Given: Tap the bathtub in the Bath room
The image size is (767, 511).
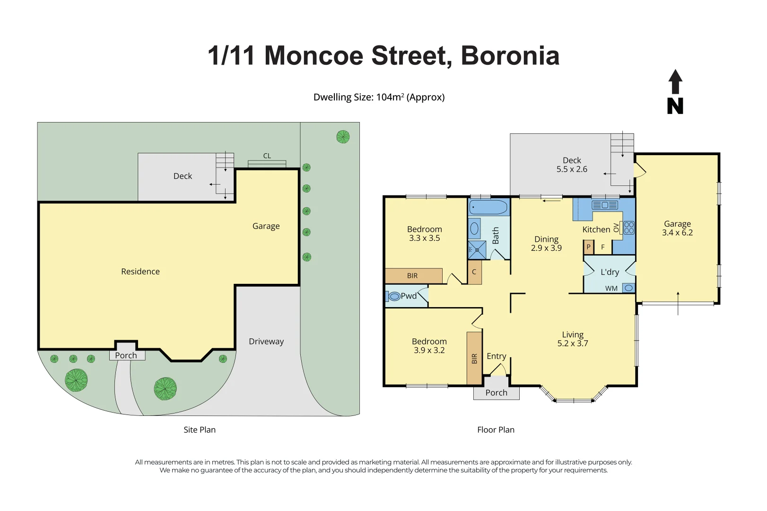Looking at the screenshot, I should tap(488, 207).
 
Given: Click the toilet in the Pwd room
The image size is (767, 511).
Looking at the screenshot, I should tap(394, 297).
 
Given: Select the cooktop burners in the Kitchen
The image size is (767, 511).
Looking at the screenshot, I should tap(629, 228).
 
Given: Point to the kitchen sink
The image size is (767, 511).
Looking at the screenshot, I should tap(605, 205).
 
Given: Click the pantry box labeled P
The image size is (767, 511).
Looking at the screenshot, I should tap(588, 247).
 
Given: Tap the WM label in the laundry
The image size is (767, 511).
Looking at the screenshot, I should tap(611, 288).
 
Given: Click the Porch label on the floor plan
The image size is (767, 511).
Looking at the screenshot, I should tap(496, 393).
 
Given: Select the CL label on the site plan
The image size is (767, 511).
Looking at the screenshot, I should tap(267, 156).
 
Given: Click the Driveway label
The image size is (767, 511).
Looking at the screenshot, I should tap(266, 342).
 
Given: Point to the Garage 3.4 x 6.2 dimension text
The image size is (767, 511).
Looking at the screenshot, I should tap(677, 233).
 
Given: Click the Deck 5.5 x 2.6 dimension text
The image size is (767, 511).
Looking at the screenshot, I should tap(572, 169).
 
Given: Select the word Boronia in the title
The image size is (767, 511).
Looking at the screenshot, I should tap(510, 56).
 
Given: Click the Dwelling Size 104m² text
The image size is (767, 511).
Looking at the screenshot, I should tap(379, 97).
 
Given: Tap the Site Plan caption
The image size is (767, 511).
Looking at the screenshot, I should tap(200, 430).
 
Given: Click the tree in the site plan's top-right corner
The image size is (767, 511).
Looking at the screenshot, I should tap(343, 137).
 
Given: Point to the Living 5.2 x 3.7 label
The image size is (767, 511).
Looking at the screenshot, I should tap(572, 339).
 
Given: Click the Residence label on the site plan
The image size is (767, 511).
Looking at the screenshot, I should tap(140, 272).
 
